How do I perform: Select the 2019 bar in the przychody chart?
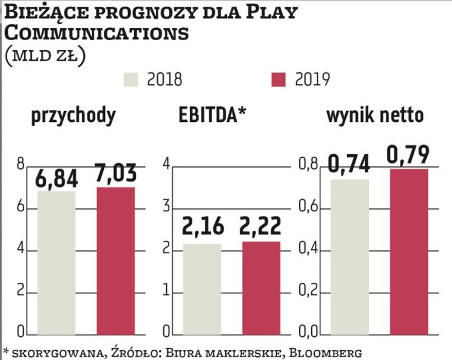[x=115, y=261]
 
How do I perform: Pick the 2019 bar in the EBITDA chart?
[x=261, y=288]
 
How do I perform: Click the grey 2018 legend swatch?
[x=132, y=80]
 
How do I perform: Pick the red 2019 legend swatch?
[x=278, y=80]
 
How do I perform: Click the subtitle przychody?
[x=73, y=115]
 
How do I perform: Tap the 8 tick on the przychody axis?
[x=21, y=165]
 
